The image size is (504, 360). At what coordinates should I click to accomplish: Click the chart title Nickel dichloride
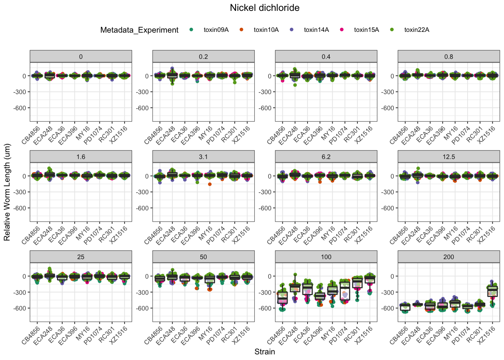click(x=264, y=8)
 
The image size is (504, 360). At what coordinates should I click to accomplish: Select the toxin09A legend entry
click(x=216, y=30)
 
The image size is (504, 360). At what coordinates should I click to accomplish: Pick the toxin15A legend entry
click(x=366, y=30)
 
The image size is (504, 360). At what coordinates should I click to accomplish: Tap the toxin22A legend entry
click(x=416, y=30)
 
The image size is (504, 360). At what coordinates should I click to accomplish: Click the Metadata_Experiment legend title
click(x=139, y=30)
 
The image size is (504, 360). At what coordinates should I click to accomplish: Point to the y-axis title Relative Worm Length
click(x=7, y=192)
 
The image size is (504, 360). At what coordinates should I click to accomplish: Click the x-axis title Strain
click(x=264, y=352)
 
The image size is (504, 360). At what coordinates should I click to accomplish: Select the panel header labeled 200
click(x=448, y=257)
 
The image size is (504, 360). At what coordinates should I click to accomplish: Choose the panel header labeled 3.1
click(x=203, y=157)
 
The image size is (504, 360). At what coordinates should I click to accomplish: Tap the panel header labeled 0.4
click(x=326, y=57)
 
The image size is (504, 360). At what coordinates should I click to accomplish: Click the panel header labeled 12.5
click(x=448, y=157)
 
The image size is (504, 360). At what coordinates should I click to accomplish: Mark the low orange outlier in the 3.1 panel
click(x=210, y=184)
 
